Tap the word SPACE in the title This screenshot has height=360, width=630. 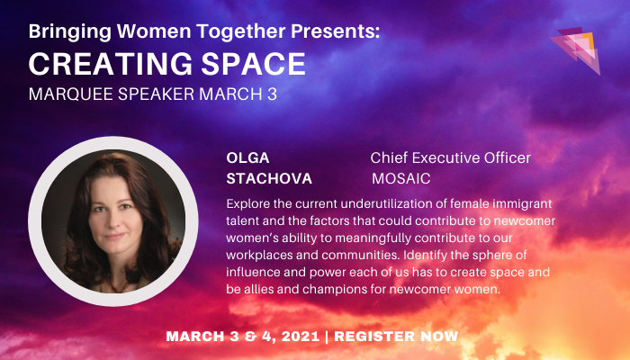point(249,64)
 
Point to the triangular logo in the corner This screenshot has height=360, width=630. point(575,49)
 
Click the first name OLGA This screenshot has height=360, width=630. point(248,158)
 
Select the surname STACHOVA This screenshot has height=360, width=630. point(269,178)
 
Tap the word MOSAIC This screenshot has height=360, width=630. point(400,178)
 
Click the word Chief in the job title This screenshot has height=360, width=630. point(390,158)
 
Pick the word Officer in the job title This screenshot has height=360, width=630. point(502,158)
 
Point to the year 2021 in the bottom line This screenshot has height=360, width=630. point(293,337)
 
